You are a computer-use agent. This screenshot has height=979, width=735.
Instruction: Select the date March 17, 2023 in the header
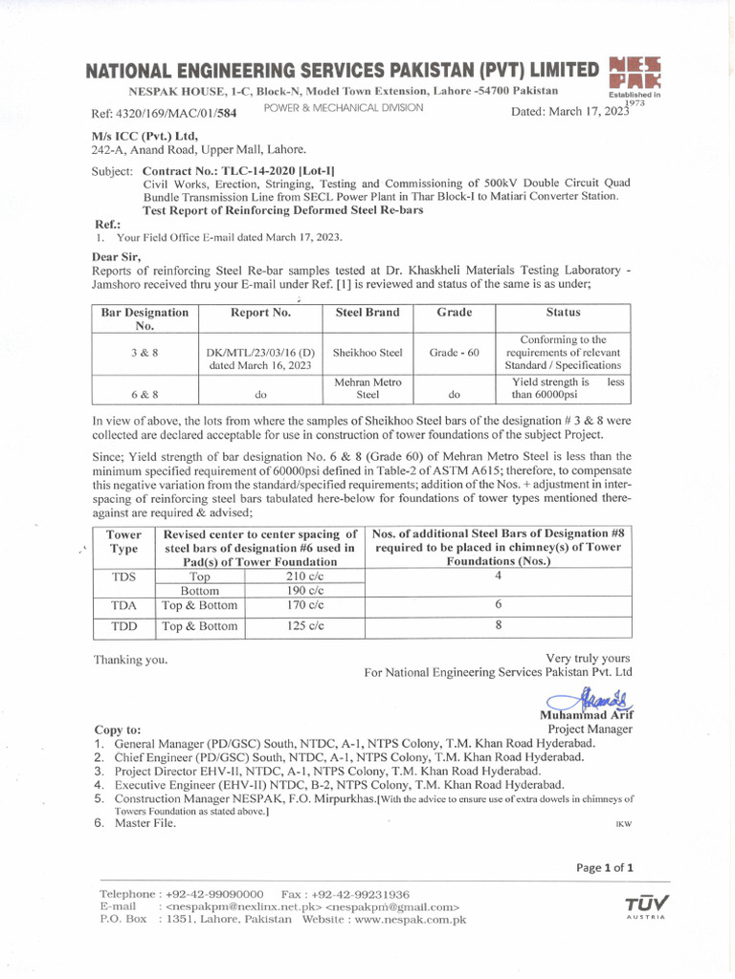(x=571, y=112)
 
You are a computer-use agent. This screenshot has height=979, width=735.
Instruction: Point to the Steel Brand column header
(x=367, y=313)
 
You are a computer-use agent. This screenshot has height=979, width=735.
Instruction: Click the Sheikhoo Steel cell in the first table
(x=367, y=353)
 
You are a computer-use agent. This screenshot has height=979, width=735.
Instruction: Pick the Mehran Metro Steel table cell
(x=367, y=387)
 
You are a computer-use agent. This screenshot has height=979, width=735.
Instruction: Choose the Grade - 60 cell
(x=454, y=353)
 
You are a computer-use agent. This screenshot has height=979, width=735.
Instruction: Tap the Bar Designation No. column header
(x=145, y=318)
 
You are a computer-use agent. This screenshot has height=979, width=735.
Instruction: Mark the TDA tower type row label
(x=123, y=605)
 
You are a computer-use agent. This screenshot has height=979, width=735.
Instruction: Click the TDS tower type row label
(x=123, y=577)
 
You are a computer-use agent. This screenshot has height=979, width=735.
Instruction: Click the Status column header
(x=563, y=313)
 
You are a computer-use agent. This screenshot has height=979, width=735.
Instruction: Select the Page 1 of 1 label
(x=605, y=868)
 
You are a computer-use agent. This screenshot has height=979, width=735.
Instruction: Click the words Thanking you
(x=130, y=660)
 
